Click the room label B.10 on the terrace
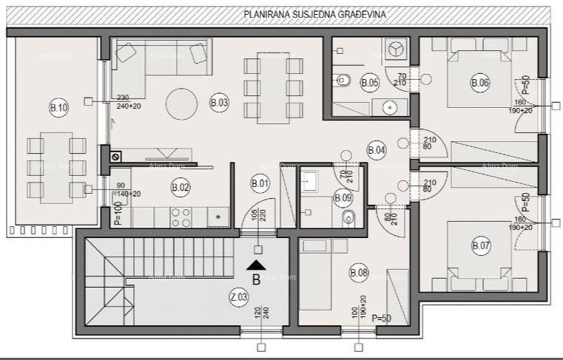point(58,108)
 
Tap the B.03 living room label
point(219,103)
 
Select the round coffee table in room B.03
point(181,104)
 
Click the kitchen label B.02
point(181,187)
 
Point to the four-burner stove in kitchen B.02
point(181,217)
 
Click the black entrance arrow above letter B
point(257,265)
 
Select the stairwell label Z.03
point(239,298)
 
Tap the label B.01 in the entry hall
point(260,183)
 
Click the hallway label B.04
point(377,150)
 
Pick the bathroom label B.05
point(370,84)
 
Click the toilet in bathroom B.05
point(343,78)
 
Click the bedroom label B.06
point(480,84)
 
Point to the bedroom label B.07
point(480,245)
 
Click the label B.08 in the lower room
point(359,274)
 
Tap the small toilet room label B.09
point(343,197)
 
